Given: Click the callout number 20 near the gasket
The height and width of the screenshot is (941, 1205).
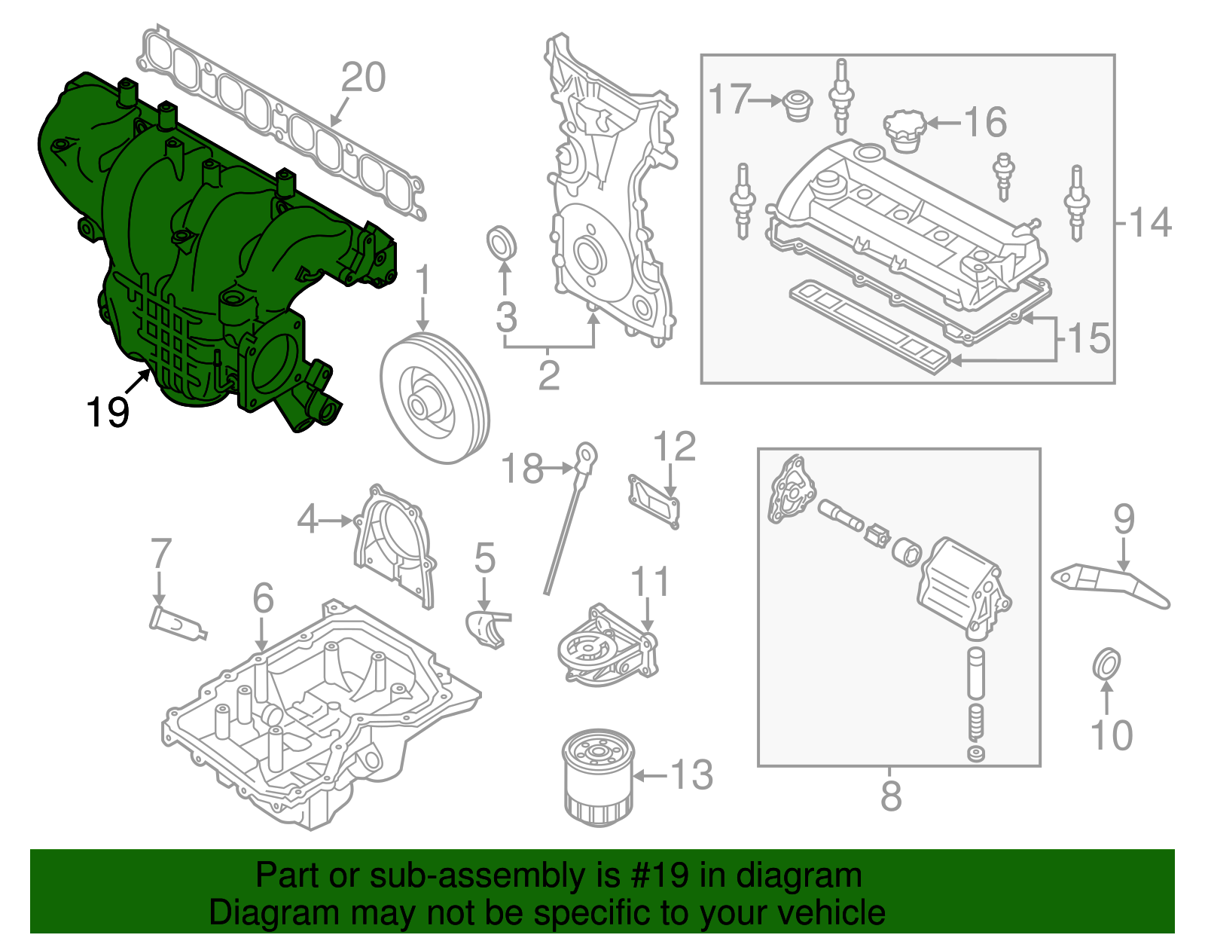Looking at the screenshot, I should pos(363,78).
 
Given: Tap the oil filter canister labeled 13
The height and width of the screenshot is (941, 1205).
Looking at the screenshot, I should pos(599,778).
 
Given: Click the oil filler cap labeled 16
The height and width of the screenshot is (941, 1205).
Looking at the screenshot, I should pos(905,130).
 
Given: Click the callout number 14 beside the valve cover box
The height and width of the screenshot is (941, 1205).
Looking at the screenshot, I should pos(1151,223).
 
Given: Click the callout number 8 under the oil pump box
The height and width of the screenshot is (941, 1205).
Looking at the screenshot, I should pos(890,796).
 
